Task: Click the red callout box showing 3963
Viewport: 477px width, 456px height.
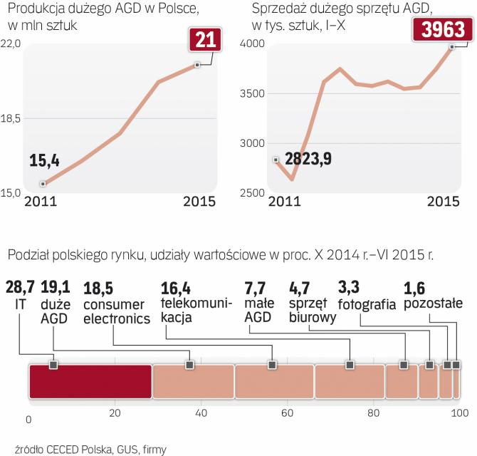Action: coord(442,30)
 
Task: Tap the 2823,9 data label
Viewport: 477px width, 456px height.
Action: coord(308,158)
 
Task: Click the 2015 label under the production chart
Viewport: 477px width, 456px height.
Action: coord(199,202)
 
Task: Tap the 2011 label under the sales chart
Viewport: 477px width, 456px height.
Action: coord(283,202)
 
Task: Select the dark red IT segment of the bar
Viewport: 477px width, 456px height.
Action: coord(90,381)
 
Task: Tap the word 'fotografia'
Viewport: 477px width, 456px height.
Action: coord(367,305)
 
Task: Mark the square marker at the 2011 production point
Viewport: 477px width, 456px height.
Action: coord(43,183)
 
